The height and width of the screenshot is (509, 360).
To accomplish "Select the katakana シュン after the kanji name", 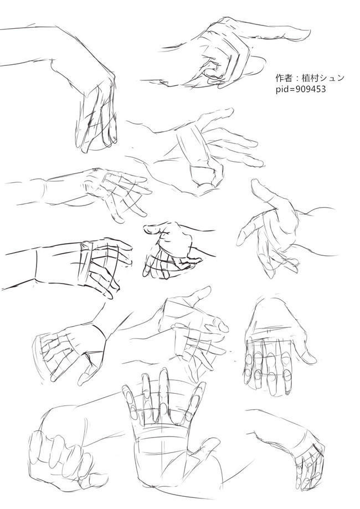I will tap(332, 78).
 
